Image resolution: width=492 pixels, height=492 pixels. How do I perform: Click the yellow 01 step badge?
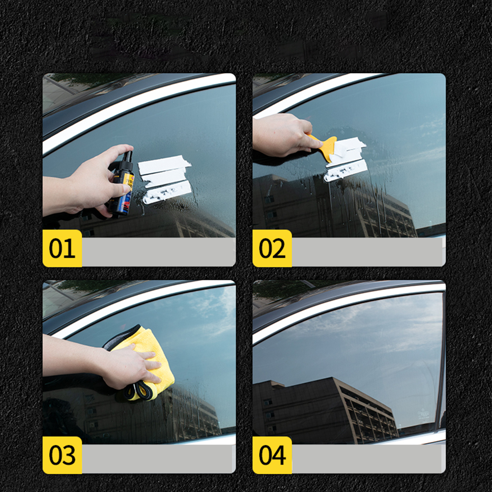tap(62, 248)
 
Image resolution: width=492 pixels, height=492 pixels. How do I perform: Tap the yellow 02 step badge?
tap(272, 248)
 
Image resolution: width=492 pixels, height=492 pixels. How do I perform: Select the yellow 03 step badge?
tap(62, 455)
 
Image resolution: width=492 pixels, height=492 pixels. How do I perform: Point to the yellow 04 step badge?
tap(272, 455)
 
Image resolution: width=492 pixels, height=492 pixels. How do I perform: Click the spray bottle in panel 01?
tap(122, 184)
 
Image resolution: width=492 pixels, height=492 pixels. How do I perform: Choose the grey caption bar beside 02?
tap(368, 252)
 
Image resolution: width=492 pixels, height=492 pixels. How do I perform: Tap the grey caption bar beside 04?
tap(368, 458)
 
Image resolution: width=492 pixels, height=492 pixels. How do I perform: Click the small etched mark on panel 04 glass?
tap(423, 414)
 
